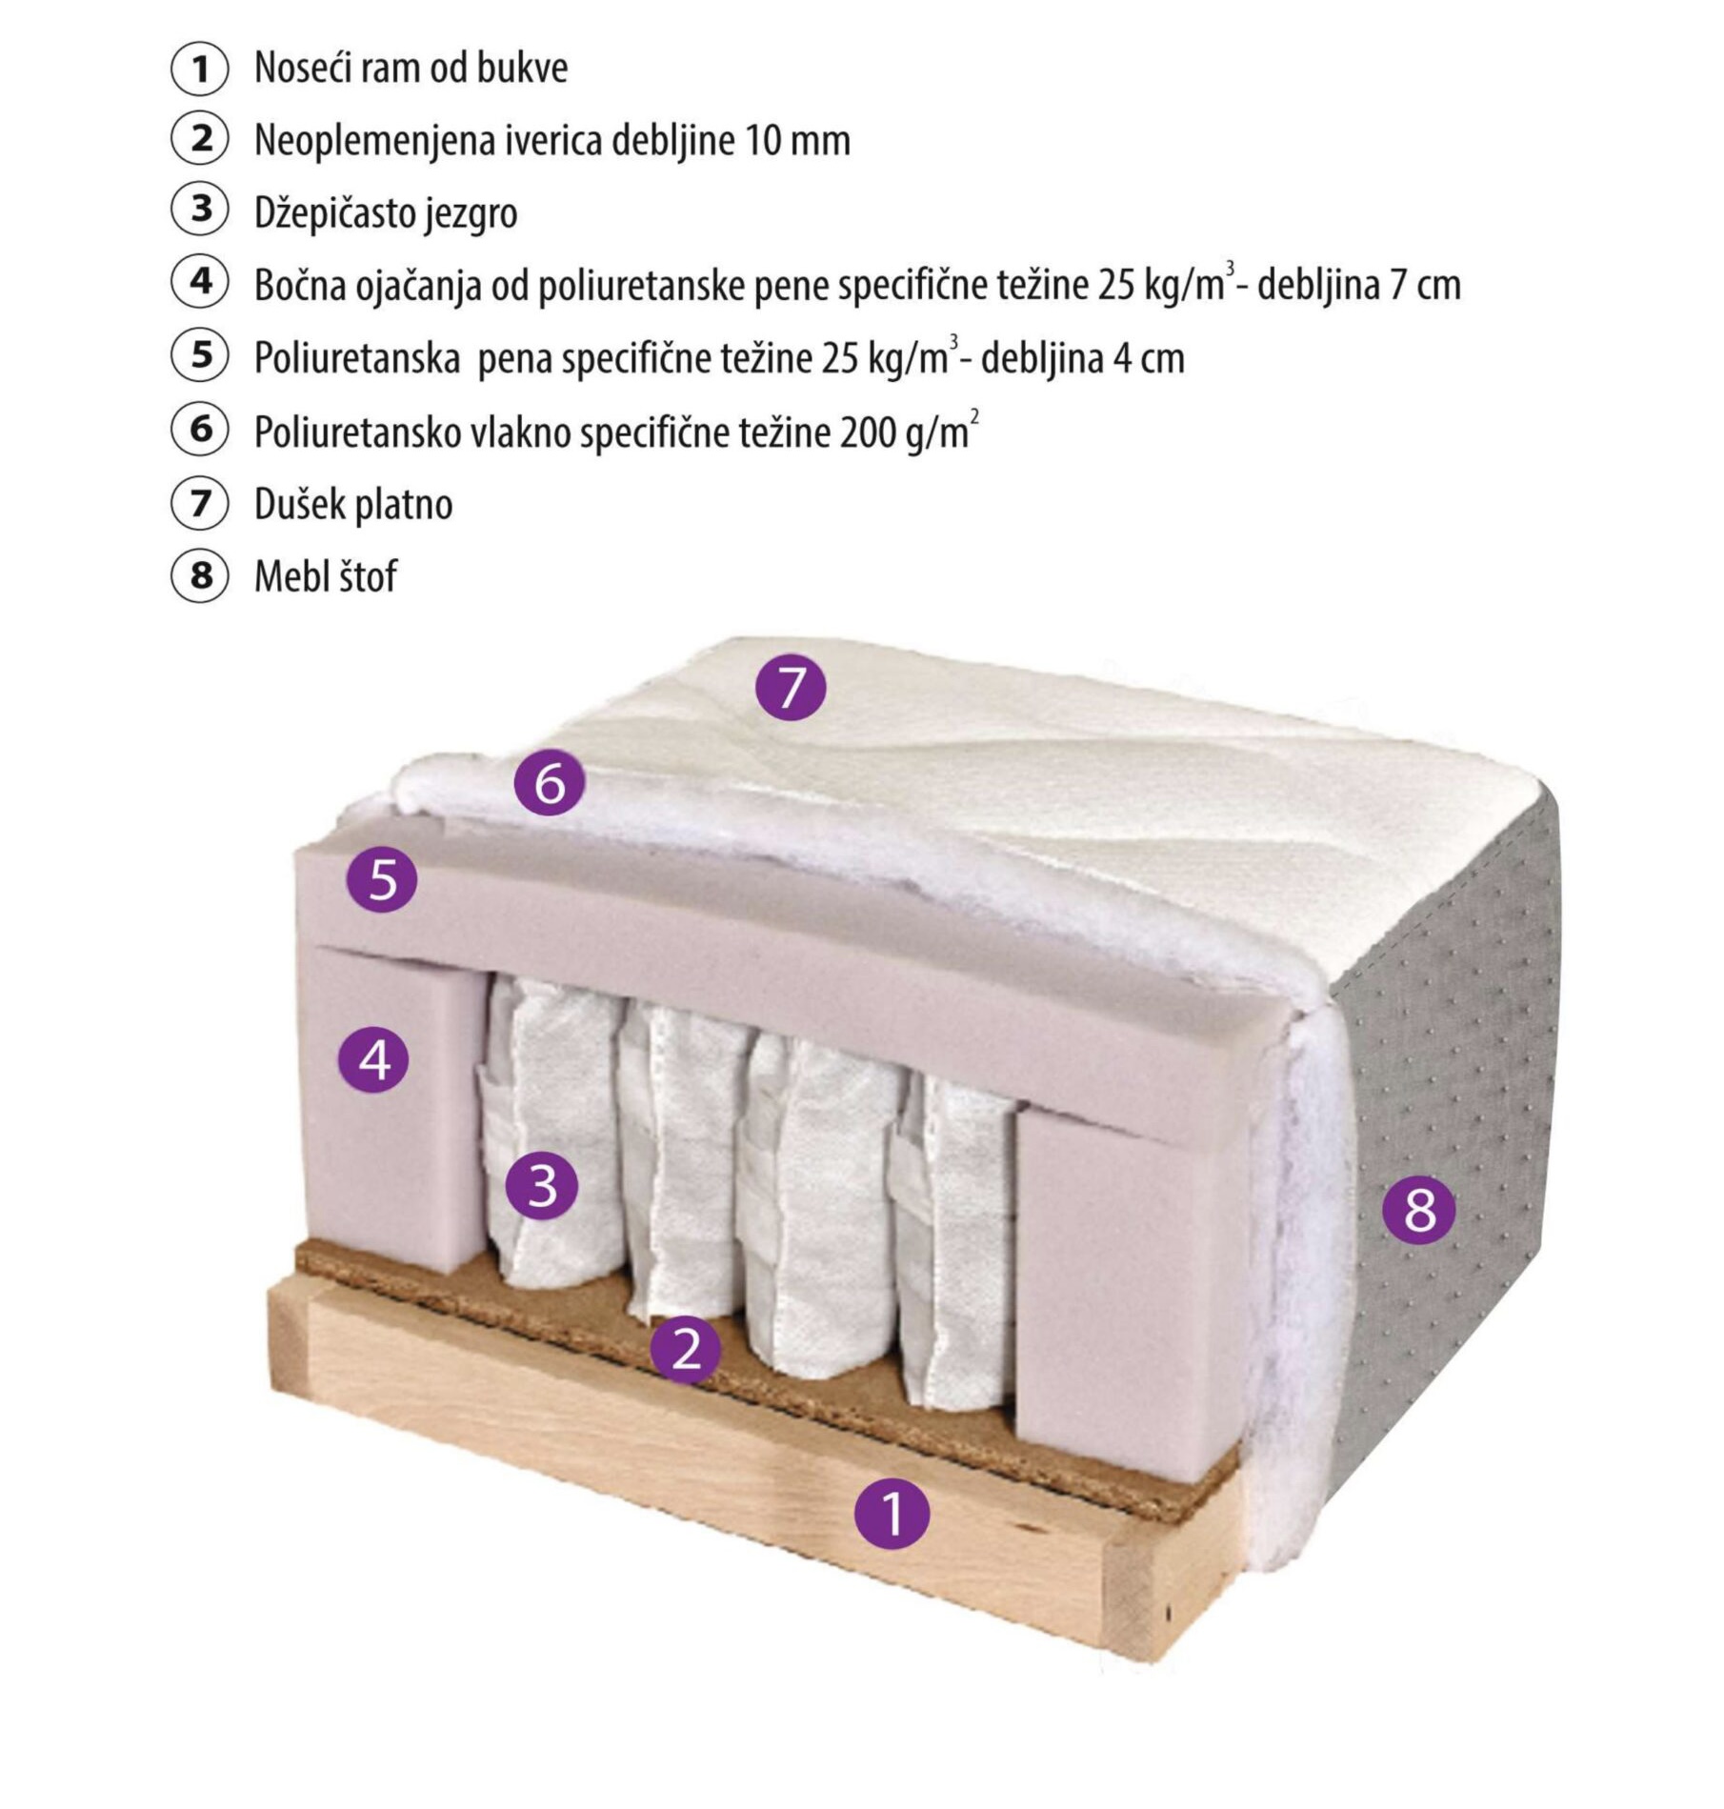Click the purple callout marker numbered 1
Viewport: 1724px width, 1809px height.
pyautogui.click(x=892, y=1513)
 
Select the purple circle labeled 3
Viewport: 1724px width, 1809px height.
pyautogui.click(x=542, y=1185)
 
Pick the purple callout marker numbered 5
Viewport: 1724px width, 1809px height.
pyautogui.click(x=382, y=877)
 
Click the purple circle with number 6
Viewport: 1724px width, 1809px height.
pyautogui.click(x=550, y=783)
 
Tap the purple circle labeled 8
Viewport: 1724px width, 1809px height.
pyautogui.click(x=1419, y=1210)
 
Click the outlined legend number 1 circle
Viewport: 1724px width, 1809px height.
pyautogui.click(x=200, y=69)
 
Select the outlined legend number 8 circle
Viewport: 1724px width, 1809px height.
pyautogui.click(x=200, y=575)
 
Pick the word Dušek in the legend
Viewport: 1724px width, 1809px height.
pyautogui.click(x=298, y=504)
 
